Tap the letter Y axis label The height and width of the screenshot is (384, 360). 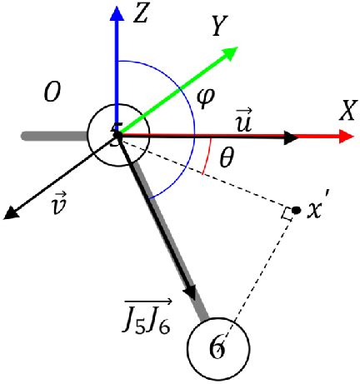tap(219, 27)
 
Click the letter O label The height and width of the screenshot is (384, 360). tap(52, 93)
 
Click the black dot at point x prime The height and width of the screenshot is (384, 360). tap(297, 208)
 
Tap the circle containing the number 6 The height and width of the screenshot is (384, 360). tap(217, 347)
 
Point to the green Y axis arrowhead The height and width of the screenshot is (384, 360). tap(231, 52)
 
